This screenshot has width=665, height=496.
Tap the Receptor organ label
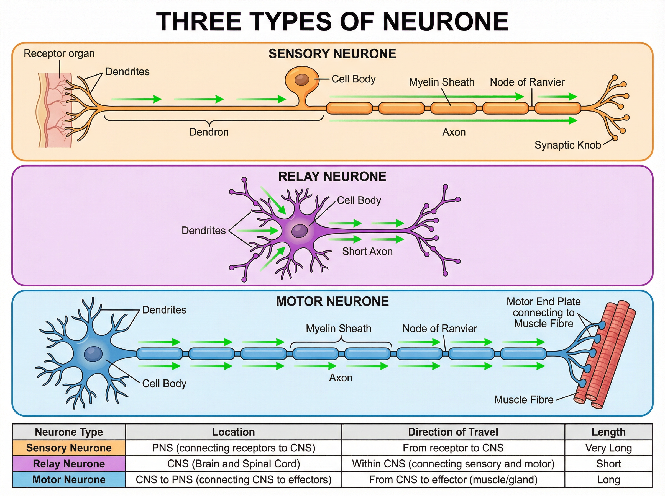[59, 53]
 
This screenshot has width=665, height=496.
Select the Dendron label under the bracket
[209, 132]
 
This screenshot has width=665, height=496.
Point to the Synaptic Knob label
[568, 145]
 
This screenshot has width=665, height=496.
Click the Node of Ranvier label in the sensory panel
[527, 82]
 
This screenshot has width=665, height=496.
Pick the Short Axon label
[367, 252]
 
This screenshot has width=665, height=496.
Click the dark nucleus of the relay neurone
[300, 231]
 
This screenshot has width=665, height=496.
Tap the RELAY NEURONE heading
[332, 177]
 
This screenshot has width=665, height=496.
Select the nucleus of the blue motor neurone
[93, 354]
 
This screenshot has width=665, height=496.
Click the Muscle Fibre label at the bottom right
[523, 400]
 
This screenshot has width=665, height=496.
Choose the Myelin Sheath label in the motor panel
[338, 329]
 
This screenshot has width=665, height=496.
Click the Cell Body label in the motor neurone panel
[164, 383]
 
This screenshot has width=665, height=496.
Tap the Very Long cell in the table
[608, 448]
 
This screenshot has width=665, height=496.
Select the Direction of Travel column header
[453, 432]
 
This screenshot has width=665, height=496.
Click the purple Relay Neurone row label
[69, 464]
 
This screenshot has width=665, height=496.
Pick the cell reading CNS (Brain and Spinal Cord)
[234, 464]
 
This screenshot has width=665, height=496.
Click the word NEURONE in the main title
[445, 22]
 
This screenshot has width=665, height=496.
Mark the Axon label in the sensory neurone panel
[454, 132]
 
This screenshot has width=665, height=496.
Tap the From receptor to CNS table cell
[453, 448]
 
